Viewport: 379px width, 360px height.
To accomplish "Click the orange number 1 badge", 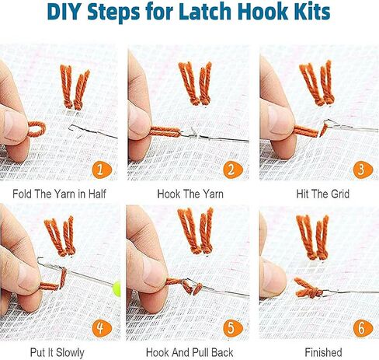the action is (102, 170).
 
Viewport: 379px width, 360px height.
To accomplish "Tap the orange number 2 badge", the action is (233, 170).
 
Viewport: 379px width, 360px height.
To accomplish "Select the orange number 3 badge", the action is (363, 170).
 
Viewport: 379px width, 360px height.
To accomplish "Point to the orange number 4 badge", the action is (102, 328).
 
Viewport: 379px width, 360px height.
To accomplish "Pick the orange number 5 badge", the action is (233, 328).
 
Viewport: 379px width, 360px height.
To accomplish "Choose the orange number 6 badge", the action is (363, 328).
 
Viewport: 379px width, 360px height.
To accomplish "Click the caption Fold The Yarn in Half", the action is (59, 194).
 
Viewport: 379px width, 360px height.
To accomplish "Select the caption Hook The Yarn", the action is (190, 194).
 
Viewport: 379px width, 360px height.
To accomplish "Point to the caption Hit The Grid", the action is (323, 194).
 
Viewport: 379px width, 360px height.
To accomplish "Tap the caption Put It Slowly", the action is (57, 353).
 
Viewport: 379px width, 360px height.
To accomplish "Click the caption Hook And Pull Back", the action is (189, 352).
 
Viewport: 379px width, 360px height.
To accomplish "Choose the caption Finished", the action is (323, 352).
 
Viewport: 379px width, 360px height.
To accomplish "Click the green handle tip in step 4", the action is (116, 288).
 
